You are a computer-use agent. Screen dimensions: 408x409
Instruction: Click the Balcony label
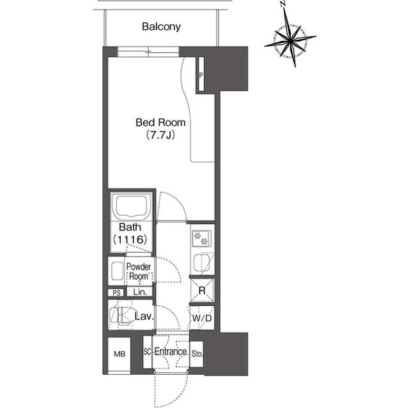click(x=162, y=27)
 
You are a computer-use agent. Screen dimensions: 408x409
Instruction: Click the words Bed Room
click(x=160, y=122)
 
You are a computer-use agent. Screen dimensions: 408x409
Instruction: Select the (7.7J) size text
click(x=160, y=135)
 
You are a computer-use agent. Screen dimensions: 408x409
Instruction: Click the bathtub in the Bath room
click(x=132, y=208)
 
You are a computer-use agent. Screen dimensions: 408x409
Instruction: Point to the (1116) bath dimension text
click(x=132, y=239)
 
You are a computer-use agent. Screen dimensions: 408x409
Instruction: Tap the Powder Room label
click(x=139, y=271)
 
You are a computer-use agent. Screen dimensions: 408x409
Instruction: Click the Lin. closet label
click(x=140, y=292)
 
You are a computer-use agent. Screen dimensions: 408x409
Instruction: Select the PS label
click(x=116, y=292)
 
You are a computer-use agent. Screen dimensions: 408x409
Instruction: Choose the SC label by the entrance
click(x=147, y=352)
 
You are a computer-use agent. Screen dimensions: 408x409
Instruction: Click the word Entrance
click(x=171, y=352)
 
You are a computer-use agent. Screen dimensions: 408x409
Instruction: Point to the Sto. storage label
click(x=197, y=352)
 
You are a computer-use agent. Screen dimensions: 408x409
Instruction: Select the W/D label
click(x=202, y=317)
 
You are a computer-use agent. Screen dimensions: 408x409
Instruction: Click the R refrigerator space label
click(x=202, y=290)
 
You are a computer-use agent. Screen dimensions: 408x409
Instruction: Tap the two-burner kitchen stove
click(x=202, y=238)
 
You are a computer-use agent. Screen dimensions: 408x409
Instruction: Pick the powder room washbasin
click(x=116, y=271)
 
